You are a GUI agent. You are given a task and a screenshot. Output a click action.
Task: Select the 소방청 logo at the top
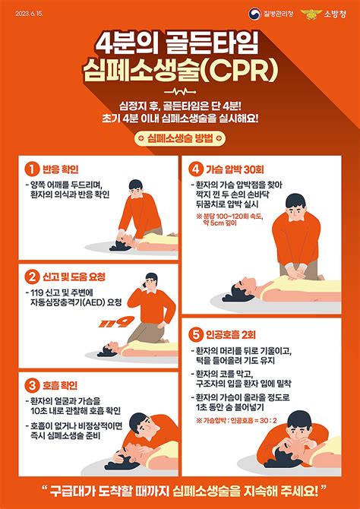[326, 13]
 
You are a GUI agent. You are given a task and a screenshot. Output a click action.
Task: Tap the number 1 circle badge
[33, 168]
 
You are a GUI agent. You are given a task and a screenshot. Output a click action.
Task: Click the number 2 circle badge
[33, 275]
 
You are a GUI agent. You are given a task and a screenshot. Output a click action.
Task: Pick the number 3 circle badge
[33, 384]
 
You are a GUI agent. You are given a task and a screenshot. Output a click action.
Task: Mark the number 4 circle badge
[197, 168]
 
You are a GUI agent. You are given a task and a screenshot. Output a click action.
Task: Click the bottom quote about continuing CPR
[180, 486]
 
